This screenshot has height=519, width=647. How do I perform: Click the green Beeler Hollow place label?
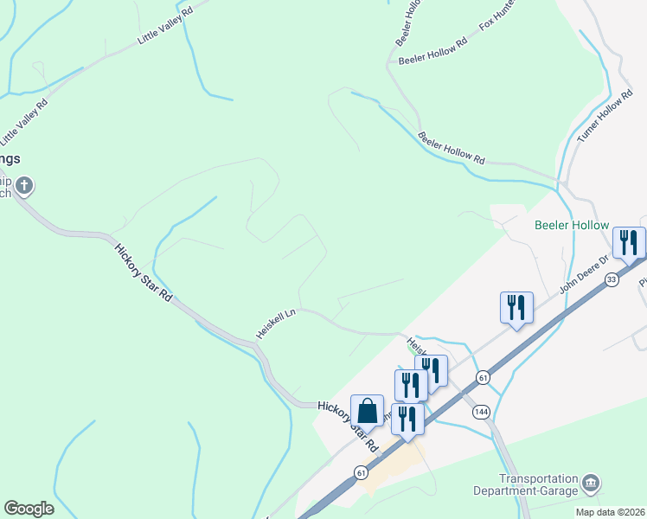click(x=572, y=225)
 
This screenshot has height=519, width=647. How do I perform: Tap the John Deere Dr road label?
click(x=585, y=272)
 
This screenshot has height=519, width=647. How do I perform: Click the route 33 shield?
click(x=612, y=279)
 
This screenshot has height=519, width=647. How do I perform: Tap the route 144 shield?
click(x=480, y=413)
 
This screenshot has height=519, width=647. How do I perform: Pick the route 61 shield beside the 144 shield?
click(x=483, y=377)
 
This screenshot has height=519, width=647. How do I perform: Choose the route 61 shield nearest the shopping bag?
click(x=359, y=472)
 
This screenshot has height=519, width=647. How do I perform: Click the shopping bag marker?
click(x=367, y=411)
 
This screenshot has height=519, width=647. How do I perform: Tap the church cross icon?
click(x=24, y=184)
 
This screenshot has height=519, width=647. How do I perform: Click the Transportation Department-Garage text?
click(x=537, y=484)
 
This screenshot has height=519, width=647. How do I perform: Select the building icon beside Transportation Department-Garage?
click(x=591, y=482)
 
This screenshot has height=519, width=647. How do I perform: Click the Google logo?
click(x=29, y=509)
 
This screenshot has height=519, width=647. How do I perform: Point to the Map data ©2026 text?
click(x=609, y=512)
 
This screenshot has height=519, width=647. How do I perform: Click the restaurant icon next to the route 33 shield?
click(x=629, y=242)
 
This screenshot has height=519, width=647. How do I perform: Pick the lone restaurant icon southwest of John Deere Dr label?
click(x=516, y=307)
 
